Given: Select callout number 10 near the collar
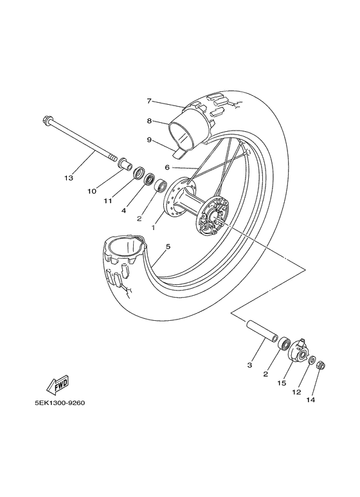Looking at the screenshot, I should click(93, 191).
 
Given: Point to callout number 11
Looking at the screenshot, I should click(109, 201).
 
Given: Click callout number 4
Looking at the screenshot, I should click(123, 210).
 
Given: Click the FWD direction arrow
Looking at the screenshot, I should click(57, 385).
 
